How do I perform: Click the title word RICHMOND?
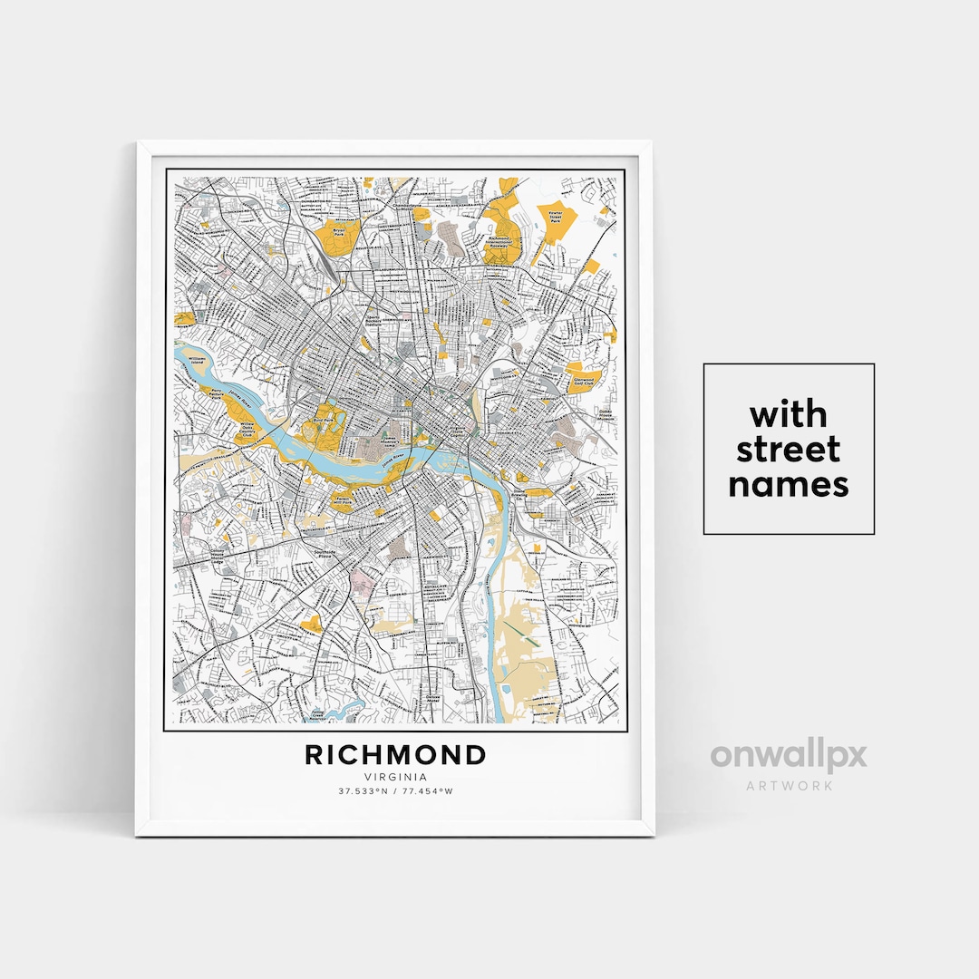(395, 755)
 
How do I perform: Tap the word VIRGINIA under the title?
(395, 777)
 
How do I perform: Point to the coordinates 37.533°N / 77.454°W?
(395, 791)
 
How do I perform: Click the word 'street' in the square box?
(788, 450)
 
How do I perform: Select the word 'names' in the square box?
(788, 484)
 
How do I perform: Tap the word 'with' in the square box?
(788, 415)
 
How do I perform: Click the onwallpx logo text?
(788, 756)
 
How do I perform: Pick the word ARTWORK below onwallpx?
(788, 785)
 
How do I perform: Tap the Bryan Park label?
(340, 233)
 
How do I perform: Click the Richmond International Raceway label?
(509, 245)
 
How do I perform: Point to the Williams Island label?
(198, 361)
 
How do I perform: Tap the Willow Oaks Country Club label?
(247, 428)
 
